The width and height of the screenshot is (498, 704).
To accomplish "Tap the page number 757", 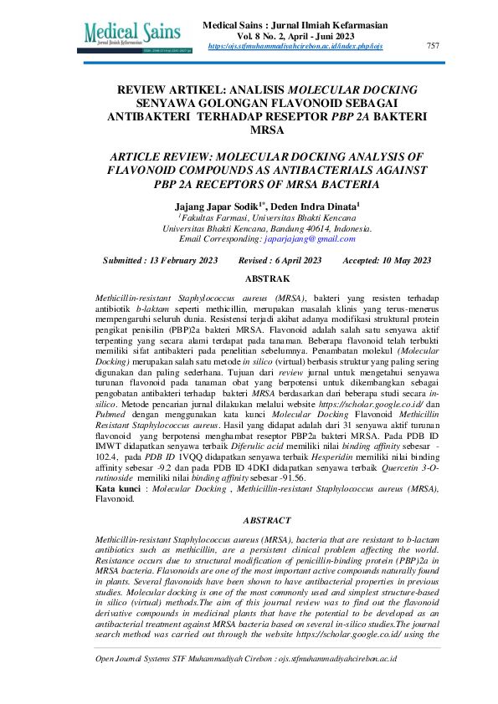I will pos(433,45).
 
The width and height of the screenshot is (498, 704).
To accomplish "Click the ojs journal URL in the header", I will pos(295,46).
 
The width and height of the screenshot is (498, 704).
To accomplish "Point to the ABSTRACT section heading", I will pos(266,519).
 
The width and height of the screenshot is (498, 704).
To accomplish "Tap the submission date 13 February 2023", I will pos(179,261).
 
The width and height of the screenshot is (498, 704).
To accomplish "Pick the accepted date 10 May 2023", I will pos(398,261).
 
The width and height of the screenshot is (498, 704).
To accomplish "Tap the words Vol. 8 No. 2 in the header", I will pos(268,36).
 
